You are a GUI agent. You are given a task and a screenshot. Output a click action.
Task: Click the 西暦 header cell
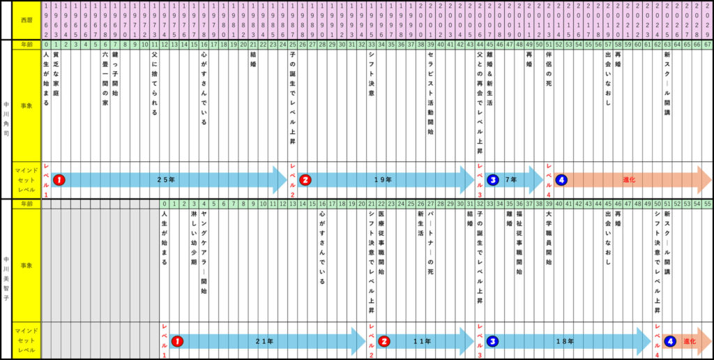pyautogui.click(x=26, y=20)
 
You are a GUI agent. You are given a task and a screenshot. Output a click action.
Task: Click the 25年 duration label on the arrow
pyautogui.click(x=166, y=180)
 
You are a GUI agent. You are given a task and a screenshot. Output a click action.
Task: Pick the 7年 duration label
pyautogui.click(x=511, y=180)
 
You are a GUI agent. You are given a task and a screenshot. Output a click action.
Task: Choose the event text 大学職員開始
pyautogui.click(x=549, y=238)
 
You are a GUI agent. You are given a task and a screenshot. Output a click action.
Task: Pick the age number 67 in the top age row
pyautogui.click(x=706, y=45)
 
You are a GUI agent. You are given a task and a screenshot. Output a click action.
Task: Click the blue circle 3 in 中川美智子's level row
pyautogui.click(x=493, y=342)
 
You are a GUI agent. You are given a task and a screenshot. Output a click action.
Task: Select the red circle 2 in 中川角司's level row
pyautogui.click(x=305, y=180)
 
